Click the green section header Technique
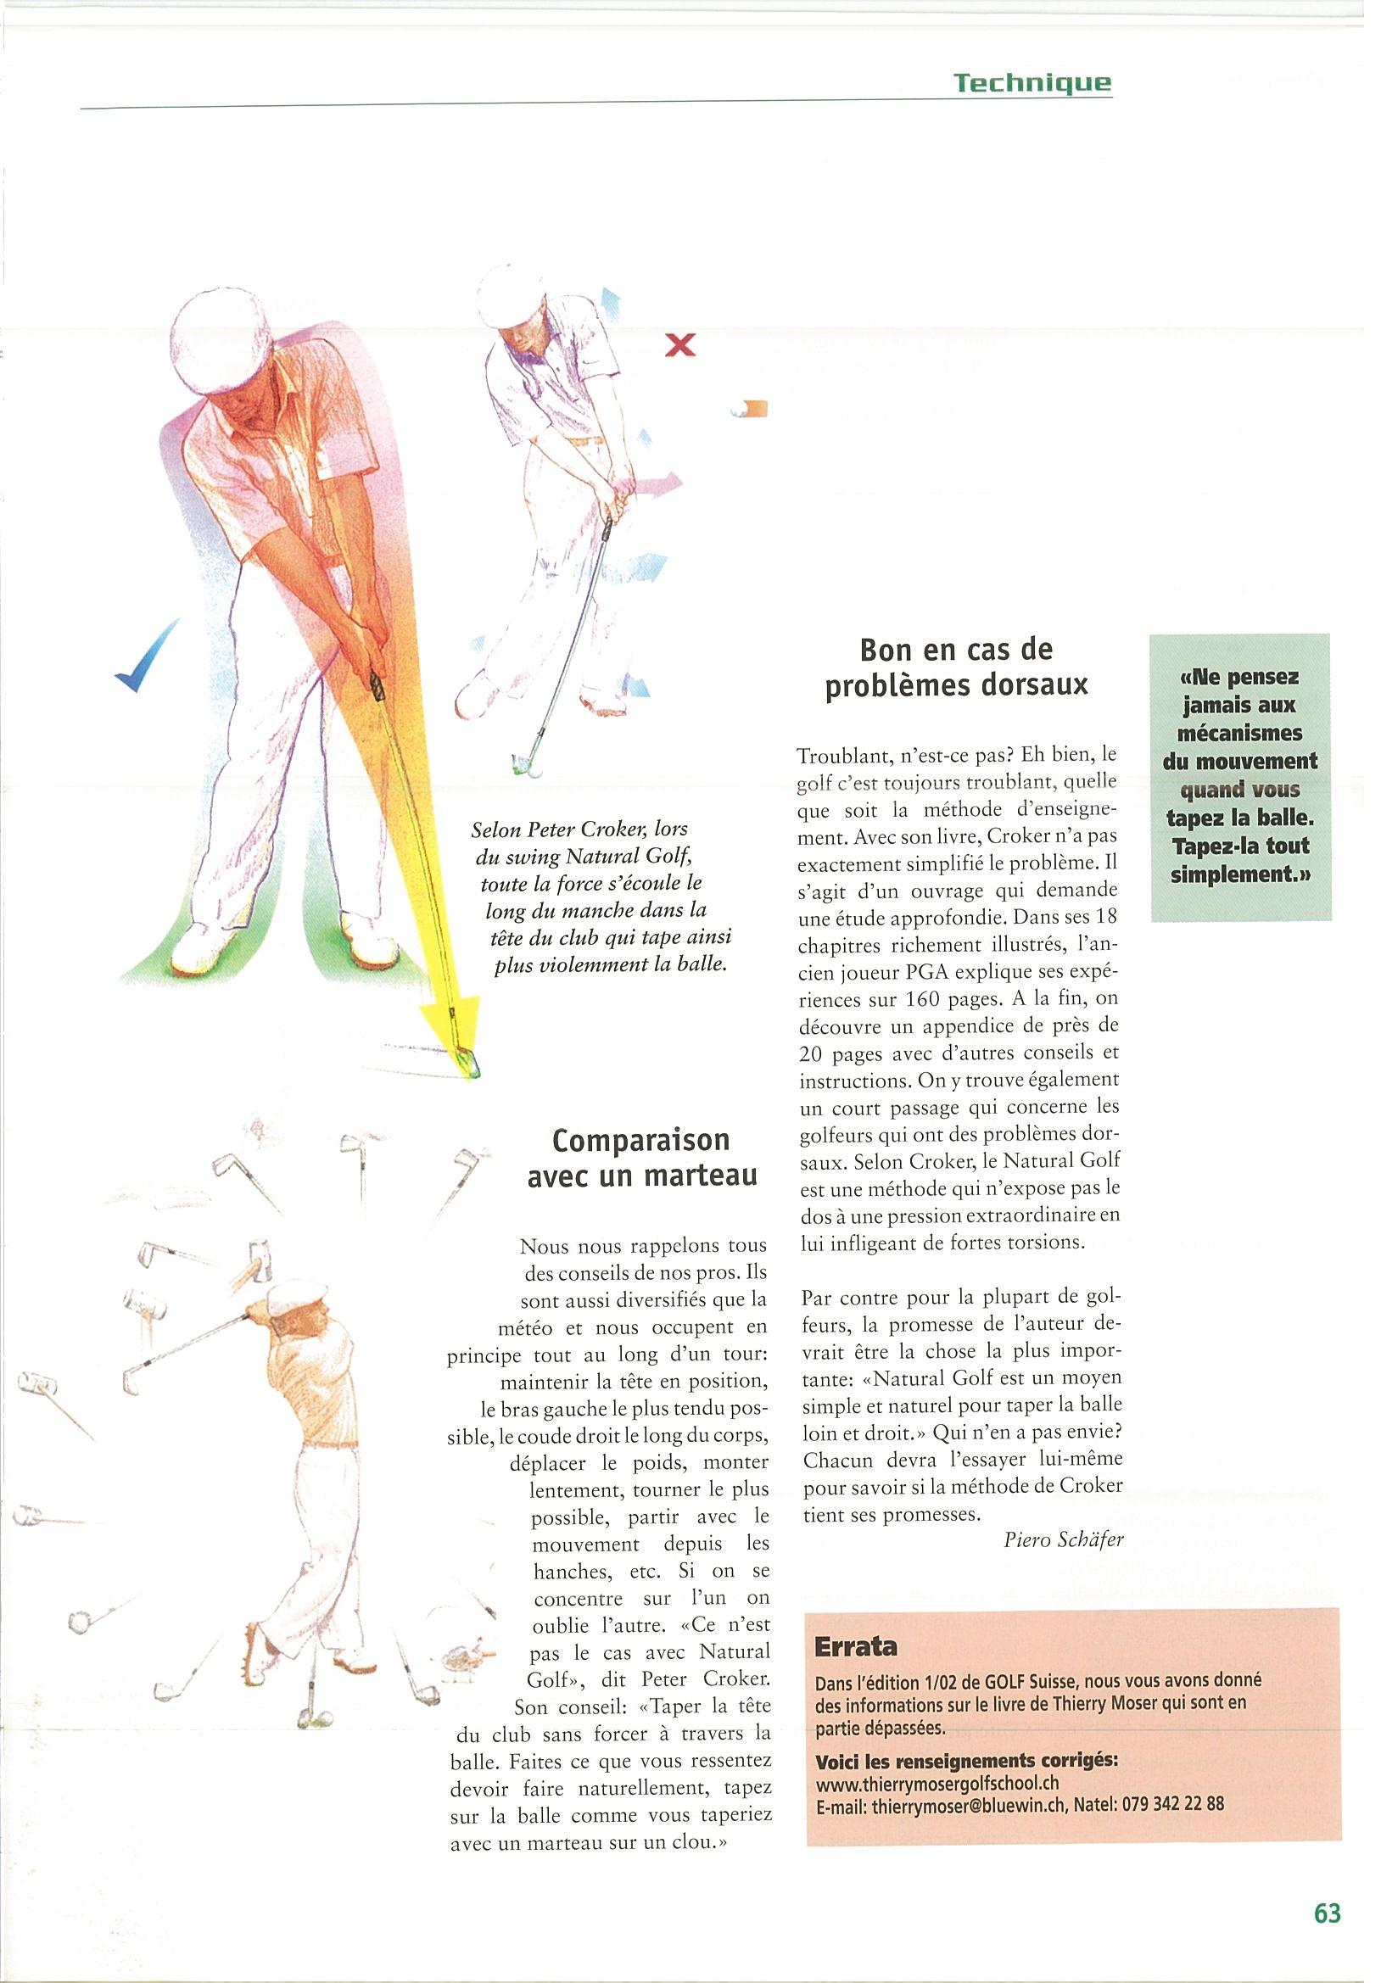pyautogui.click(x=1032, y=83)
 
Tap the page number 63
pyautogui.click(x=1327, y=1906)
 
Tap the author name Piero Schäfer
pyautogui.click(x=1063, y=1539)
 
